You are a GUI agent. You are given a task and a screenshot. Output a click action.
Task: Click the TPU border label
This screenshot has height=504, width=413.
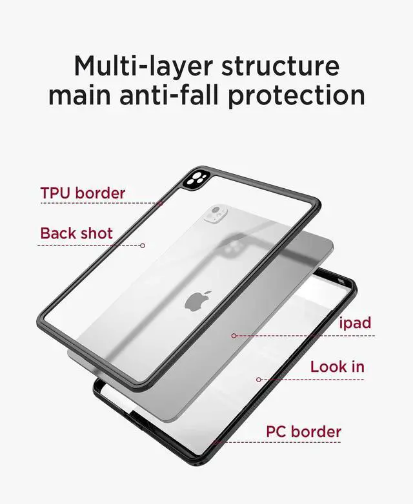(x=83, y=193)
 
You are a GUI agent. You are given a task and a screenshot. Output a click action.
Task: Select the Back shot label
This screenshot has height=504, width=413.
(x=76, y=233)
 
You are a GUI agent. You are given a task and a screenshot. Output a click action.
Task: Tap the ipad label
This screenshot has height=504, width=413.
(x=356, y=322)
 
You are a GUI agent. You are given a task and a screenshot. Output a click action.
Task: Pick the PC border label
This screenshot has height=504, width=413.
(x=303, y=432)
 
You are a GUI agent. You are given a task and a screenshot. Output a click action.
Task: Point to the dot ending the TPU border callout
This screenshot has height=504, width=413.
(x=159, y=204)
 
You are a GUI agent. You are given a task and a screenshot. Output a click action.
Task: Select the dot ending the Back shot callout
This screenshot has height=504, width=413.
(x=143, y=245)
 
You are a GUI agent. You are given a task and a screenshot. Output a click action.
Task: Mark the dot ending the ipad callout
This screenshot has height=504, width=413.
(x=234, y=336)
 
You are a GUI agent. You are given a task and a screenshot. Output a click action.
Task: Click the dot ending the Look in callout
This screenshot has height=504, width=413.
(x=259, y=380)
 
